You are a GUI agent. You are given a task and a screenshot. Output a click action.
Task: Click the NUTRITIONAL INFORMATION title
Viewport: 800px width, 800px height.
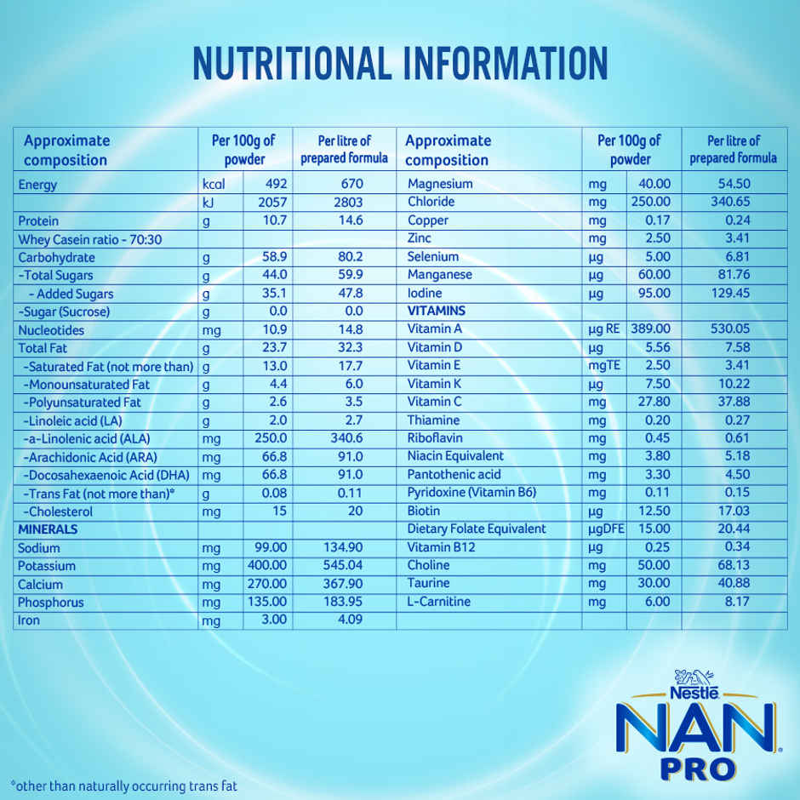pyautogui.click(x=400, y=64)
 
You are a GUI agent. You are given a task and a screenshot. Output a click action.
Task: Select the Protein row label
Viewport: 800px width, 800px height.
pyautogui.click(x=38, y=220)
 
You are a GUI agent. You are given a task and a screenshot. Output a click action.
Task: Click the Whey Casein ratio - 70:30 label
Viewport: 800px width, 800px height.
pyautogui.click(x=89, y=239)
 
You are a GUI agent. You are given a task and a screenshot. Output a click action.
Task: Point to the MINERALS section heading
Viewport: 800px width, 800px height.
pyautogui.click(x=48, y=529)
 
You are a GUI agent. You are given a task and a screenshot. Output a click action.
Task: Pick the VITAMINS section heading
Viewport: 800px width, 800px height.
pyautogui.click(x=437, y=311)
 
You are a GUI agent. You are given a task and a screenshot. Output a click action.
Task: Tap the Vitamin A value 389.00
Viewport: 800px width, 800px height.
pyautogui.click(x=651, y=329)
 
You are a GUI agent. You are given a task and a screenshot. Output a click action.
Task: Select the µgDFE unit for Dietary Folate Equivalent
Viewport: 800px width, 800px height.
pyautogui.click(x=606, y=529)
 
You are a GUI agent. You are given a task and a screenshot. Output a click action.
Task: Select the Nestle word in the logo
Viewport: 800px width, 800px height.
pyautogui.click(x=694, y=694)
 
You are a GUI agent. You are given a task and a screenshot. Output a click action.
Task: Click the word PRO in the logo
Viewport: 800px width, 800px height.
pyautogui.click(x=697, y=768)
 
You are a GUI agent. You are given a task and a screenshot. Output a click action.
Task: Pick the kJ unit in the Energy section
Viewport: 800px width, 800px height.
pyautogui.click(x=208, y=203)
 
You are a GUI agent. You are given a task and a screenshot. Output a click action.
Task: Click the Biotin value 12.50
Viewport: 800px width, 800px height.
pyautogui.click(x=654, y=511)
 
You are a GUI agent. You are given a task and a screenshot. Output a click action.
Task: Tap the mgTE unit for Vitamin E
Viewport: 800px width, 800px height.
pyautogui.click(x=603, y=366)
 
